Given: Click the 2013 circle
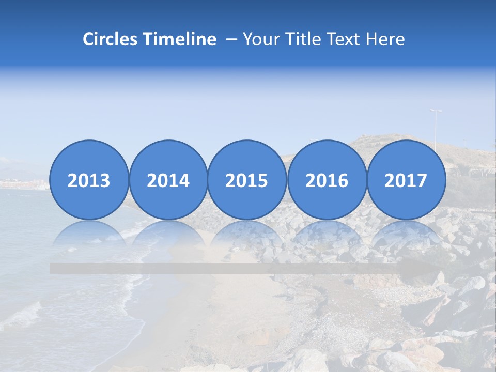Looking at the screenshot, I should pos(89,180).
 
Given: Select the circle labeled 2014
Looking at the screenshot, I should pos(168,180).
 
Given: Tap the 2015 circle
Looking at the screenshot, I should pos(247,180).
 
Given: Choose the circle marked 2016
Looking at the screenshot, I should pos(327,180).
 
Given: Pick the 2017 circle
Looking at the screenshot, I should pos(406,180).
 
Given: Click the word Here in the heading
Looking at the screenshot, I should pos(385,39).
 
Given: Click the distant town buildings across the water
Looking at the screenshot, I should pos(23,184).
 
